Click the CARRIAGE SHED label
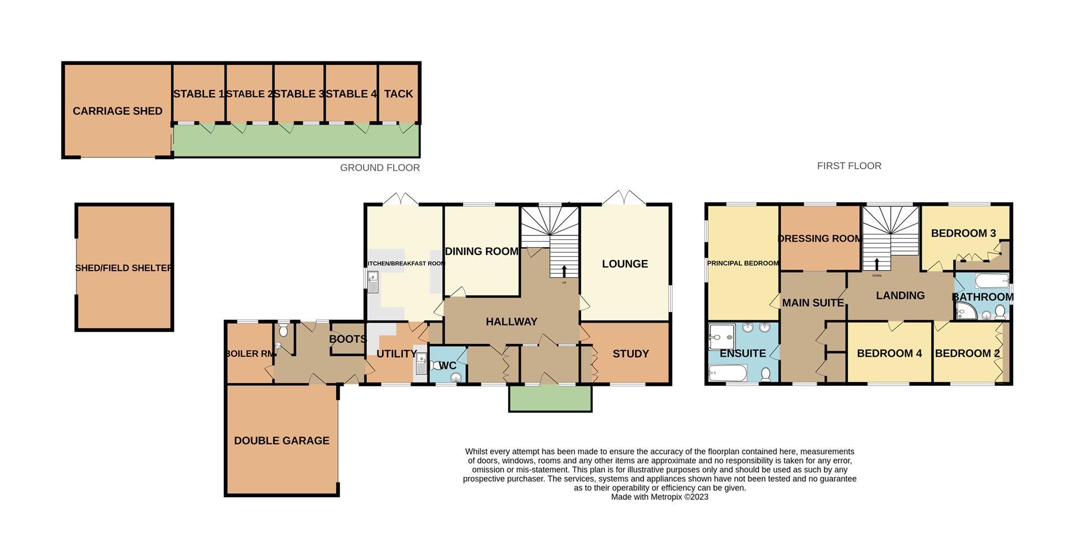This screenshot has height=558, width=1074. click(x=117, y=111)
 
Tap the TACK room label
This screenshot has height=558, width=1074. click(x=398, y=94)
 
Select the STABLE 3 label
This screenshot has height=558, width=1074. click(x=299, y=94)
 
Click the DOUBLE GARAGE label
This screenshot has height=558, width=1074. click(x=281, y=441)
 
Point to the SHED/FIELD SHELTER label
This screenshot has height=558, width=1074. click(x=124, y=268)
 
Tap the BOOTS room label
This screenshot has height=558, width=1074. click(x=348, y=339)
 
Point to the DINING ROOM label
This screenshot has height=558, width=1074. click(x=482, y=251)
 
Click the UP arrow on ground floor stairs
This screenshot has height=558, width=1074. click(x=563, y=271)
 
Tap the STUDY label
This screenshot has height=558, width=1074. click(x=630, y=353)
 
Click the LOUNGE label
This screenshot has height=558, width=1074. click(x=625, y=263)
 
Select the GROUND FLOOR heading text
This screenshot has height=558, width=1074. click(x=380, y=168)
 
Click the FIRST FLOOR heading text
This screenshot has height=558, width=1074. click(x=849, y=165)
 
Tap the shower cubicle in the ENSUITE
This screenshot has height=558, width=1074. click(x=721, y=337)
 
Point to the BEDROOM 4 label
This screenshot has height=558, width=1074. click(x=889, y=353)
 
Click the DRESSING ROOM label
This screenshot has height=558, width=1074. click(x=820, y=238)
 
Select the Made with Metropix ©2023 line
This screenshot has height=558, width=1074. click(x=660, y=496)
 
